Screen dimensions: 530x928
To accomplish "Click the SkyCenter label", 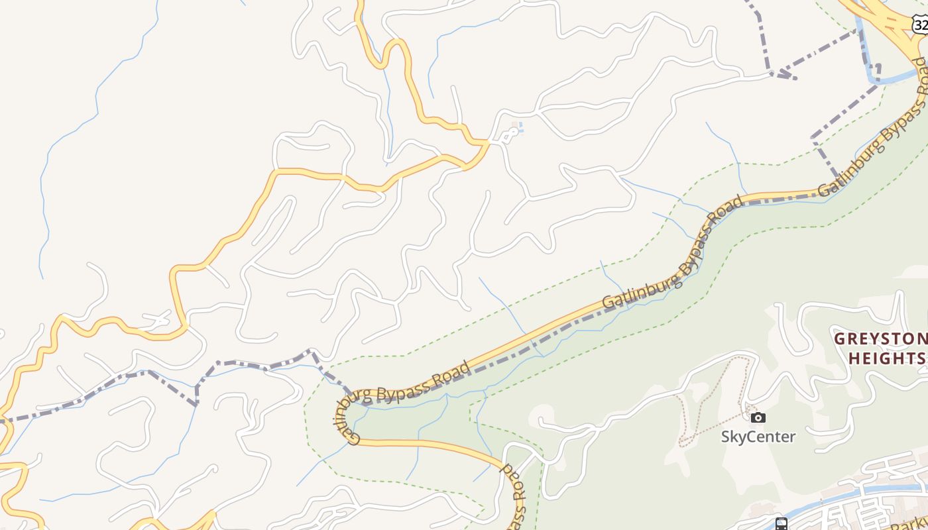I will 758,437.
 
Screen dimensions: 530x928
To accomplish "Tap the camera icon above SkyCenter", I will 758,417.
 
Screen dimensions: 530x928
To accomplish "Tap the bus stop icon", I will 782,524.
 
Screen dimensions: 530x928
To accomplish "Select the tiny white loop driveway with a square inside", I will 509,134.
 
